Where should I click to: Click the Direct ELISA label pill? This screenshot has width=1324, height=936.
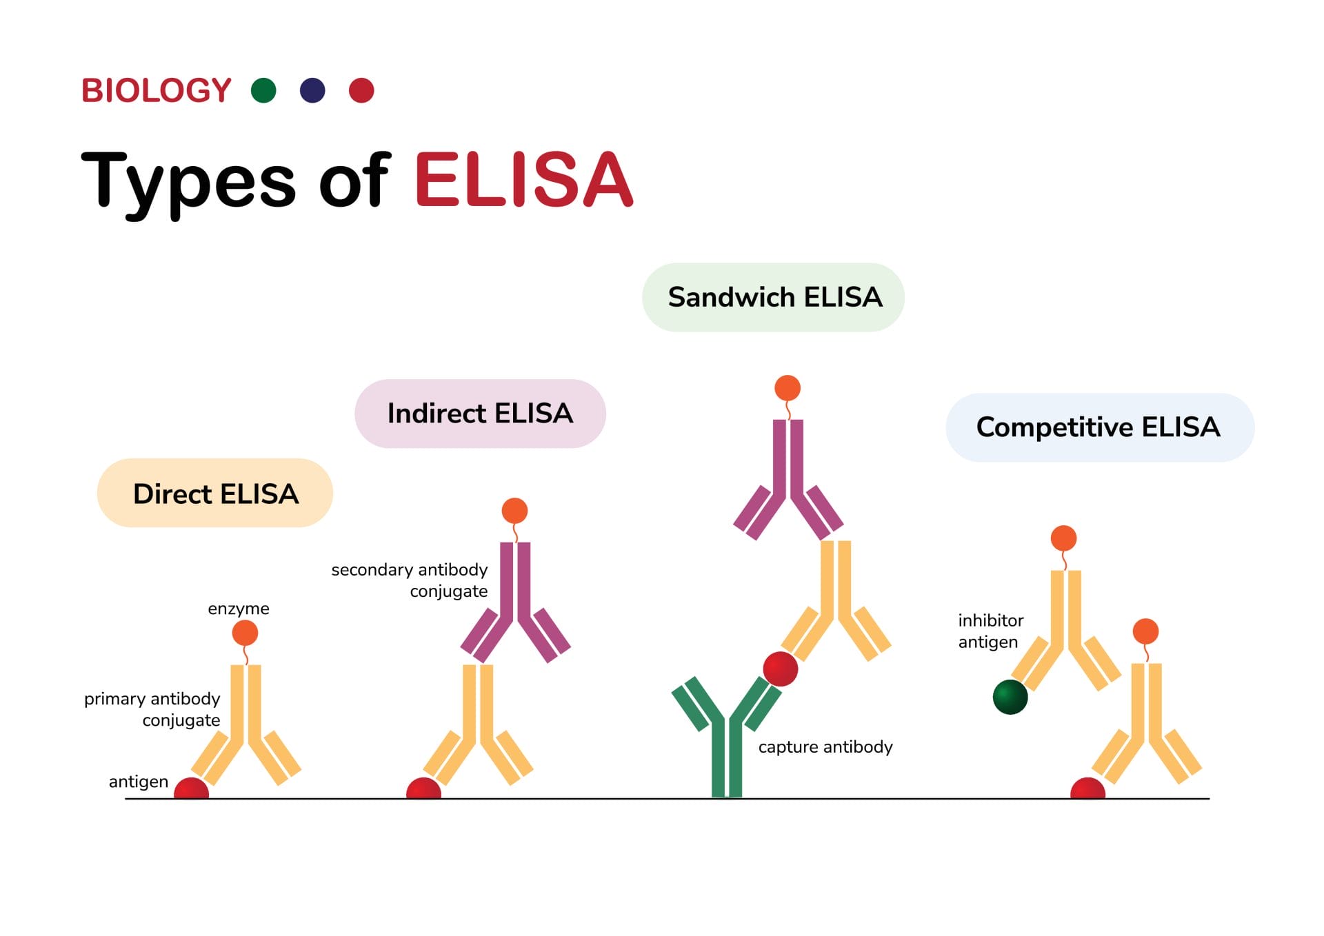coord(214,494)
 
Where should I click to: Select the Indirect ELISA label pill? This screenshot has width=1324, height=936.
coord(480,414)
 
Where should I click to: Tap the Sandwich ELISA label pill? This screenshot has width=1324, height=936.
coord(773,297)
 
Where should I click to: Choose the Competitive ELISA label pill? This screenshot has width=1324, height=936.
coord(1099,427)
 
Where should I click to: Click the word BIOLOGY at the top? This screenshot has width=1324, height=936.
coord(157,91)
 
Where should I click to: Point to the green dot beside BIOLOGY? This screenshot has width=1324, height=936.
coord(263,90)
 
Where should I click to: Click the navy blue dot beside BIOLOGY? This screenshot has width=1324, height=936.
coord(312,90)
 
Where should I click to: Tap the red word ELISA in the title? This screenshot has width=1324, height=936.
coord(523,181)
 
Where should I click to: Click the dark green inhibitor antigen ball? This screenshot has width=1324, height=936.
coord(1010,697)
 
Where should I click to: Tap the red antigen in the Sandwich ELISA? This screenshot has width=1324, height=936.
coord(781,669)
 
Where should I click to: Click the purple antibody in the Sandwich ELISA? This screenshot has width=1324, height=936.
coord(788,476)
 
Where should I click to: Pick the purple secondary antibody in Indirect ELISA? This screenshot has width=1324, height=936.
coord(515,600)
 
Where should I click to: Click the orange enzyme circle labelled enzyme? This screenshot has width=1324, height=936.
coord(245,633)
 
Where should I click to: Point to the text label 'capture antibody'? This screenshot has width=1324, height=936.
coord(825,747)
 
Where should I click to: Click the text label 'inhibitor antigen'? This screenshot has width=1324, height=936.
coord(990,631)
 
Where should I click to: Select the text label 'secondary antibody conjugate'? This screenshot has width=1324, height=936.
coord(410,580)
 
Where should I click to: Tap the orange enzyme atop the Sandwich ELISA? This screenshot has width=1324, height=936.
coord(788,388)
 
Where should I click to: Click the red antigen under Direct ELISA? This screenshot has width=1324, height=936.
coord(191,789)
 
